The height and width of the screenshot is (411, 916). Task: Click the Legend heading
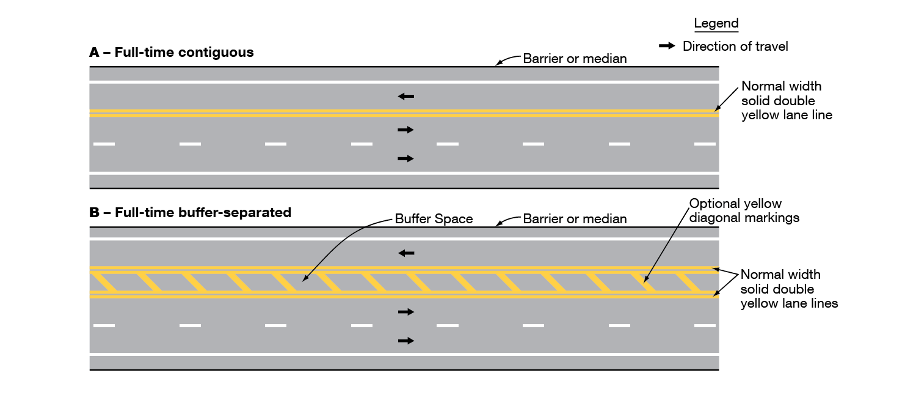click(716, 24)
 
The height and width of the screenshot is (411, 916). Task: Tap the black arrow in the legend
click(667, 46)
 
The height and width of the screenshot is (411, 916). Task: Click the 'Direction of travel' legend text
click(735, 46)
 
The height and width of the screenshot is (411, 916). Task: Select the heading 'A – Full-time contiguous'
click(172, 53)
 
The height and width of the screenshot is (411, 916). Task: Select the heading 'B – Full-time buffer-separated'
click(191, 213)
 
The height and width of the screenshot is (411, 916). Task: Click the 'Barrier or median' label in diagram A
click(575, 59)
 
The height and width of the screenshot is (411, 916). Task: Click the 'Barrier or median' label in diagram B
click(575, 219)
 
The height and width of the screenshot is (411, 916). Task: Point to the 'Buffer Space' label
click(434, 219)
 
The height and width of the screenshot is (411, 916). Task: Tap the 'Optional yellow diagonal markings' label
click(744, 210)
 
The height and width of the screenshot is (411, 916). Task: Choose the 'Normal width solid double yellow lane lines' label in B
click(788, 289)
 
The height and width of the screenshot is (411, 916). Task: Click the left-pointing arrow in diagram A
click(405, 96)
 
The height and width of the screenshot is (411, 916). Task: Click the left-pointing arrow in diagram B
click(405, 253)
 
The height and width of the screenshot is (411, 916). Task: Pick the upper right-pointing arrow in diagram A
click(405, 130)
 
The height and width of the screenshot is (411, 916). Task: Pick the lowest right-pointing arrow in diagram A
click(405, 158)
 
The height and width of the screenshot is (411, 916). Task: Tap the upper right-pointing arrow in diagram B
click(405, 312)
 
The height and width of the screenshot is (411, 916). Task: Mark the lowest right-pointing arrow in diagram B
click(405, 340)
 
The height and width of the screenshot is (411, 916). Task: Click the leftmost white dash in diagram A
click(104, 144)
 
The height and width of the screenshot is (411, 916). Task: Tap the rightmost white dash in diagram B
click(705, 325)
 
